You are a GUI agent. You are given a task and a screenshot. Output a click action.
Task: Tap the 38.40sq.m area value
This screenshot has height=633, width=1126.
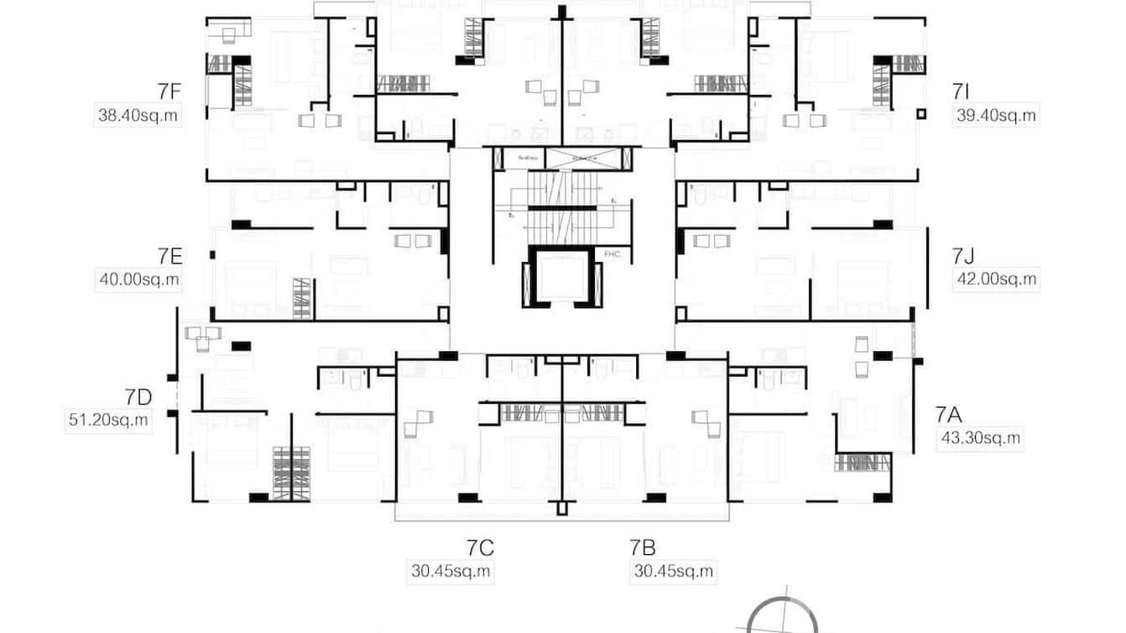(138, 116)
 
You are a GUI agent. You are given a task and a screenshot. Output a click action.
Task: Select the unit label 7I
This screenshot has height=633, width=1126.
(962, 92)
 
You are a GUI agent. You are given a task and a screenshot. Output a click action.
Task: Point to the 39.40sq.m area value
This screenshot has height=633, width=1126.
(996, 116)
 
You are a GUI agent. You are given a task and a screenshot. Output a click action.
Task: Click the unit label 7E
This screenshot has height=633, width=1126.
(169, 255)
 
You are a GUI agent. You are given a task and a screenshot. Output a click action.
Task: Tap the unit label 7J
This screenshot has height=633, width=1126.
(962, 255)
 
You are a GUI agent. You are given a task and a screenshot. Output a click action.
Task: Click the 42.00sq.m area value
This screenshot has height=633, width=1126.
(997, 280)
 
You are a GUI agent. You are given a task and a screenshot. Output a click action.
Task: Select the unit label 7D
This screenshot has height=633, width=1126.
(138, 396)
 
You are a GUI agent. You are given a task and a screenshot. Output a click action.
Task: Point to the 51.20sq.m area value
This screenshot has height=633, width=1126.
(107, 420)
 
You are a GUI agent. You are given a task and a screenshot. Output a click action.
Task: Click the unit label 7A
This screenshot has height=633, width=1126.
(948, 413)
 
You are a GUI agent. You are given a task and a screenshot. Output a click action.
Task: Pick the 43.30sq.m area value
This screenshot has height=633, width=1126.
(980, 437)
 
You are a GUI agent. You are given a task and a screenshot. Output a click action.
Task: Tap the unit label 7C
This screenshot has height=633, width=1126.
(480, 548)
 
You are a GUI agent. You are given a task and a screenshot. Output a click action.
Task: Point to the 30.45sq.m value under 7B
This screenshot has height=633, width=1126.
(673, 572)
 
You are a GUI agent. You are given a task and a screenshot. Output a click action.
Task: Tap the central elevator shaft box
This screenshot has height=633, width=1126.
(563, 277)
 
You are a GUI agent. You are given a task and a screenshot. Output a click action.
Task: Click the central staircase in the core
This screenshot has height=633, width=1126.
(561, 206)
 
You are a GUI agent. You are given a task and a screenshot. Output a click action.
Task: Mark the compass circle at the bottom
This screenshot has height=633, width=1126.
(781, 617)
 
